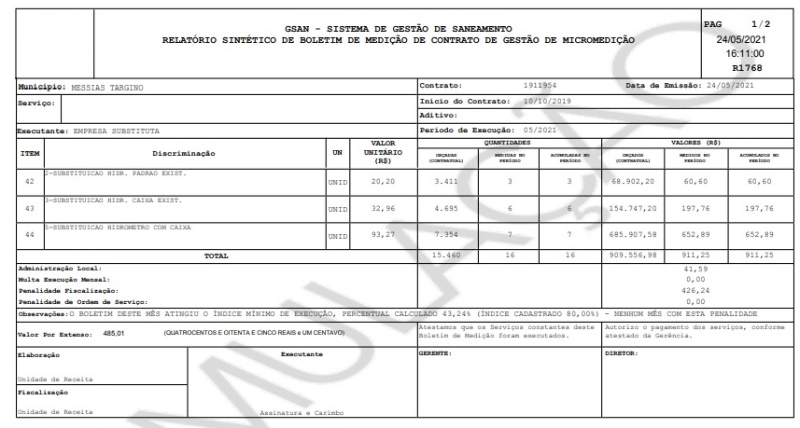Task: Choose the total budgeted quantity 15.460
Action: tap(445, 254)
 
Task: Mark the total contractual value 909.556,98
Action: tap(639, 254)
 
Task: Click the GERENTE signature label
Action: tap(435, 354)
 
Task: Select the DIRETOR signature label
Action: tap(622, 354)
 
